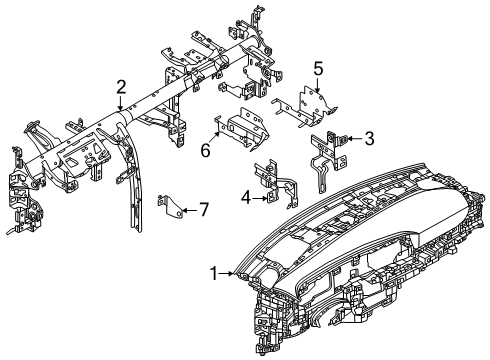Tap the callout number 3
(x=368, y=138)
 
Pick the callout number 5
(x=318, y=68)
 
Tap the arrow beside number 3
(x=352, y=138)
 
